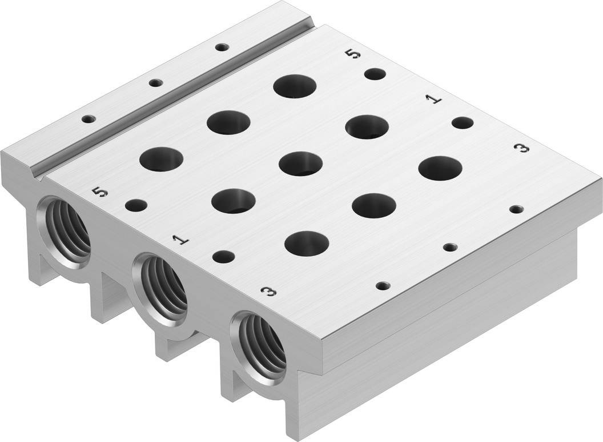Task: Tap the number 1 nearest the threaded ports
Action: [181, 240]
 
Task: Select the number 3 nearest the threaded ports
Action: [268, 292]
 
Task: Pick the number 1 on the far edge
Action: [434, 99]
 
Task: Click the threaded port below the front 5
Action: [65, 232]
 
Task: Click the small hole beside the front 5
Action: [136, 205]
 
